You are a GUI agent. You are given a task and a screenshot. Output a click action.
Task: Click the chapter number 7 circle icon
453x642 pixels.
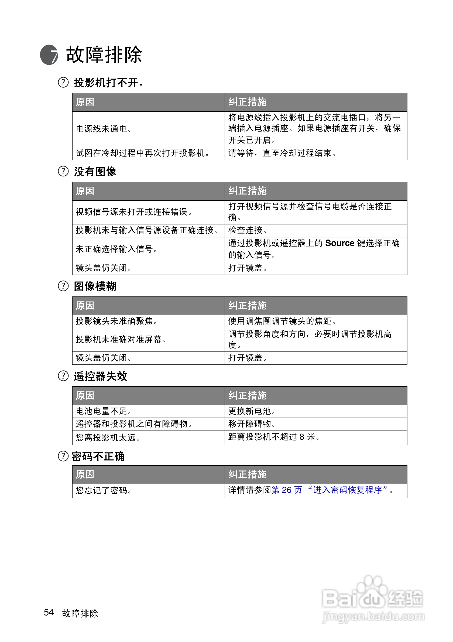(49, 55)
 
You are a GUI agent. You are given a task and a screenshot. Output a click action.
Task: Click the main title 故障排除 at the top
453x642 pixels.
(104, 54)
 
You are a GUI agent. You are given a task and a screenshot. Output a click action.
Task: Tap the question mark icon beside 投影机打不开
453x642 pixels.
(63, 83)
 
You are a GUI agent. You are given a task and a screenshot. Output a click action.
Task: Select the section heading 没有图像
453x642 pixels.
(95, 172)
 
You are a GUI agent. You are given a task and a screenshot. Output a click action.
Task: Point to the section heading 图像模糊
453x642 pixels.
(95, 286)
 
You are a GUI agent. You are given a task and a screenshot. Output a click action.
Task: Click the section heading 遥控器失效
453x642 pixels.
(100, 376)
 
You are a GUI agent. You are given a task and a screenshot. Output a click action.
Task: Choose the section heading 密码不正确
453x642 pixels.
(98, 457)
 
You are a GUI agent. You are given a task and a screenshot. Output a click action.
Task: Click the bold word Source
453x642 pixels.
(339, 243)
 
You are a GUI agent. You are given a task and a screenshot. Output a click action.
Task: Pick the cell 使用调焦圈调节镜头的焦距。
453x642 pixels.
(282, 321)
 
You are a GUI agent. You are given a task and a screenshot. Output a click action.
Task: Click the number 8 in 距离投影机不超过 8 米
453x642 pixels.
(302, 437)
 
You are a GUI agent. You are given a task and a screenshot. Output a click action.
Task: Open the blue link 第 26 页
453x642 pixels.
(287, 490)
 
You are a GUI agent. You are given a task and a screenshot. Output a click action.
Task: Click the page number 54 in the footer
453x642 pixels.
(49, 612)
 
